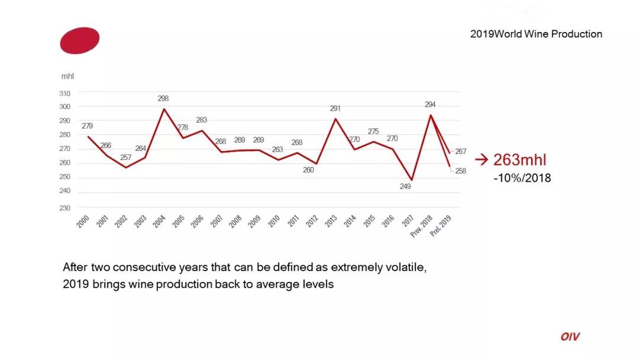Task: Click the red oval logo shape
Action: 79,40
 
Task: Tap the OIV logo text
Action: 570,337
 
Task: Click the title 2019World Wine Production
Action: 536,34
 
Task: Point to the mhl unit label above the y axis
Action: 67,76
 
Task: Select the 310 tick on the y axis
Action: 65,93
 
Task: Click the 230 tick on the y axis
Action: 65,208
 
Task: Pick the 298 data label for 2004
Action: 163,98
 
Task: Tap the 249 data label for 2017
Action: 405,186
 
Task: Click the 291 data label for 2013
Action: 335,108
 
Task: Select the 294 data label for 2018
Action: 430,104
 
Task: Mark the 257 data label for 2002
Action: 125,157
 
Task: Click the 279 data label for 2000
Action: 87,126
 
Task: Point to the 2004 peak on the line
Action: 164,109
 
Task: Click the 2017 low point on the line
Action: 411,179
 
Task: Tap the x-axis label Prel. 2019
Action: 441,226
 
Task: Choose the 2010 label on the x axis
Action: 274,221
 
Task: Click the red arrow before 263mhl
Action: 482,159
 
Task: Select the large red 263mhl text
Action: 519,160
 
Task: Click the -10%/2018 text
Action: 522,178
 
